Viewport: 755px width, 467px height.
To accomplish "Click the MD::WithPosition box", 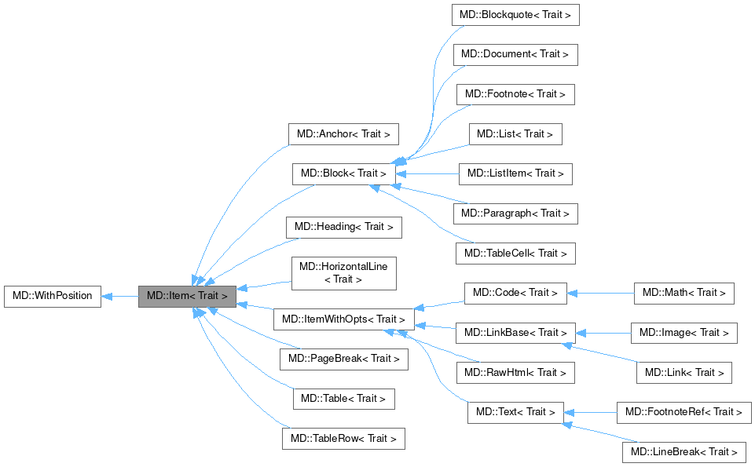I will (53, 297).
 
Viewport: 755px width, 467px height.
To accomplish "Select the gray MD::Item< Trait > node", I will (187, 297).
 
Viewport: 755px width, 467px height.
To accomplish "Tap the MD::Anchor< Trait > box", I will (344, 133).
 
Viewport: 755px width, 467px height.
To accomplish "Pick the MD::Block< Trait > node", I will (343, 173).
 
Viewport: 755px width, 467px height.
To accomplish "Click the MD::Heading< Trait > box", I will (344, 228).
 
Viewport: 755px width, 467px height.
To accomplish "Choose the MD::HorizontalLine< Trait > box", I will (344, 272).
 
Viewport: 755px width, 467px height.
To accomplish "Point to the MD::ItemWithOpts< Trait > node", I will (344, 319).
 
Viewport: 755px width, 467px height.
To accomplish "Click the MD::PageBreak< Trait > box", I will (344, 359).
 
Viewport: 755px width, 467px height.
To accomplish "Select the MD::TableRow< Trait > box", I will (343, 438).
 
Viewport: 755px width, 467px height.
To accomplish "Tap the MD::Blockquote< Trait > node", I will (515, 15).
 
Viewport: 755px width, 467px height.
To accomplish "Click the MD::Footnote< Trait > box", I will (515, 94).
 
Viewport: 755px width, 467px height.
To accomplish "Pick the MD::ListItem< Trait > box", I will (515, 173).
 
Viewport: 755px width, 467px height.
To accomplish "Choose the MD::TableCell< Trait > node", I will (515, 253).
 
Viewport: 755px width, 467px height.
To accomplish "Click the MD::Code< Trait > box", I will (515, 293).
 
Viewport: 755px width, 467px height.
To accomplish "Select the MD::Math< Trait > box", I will (684, 293).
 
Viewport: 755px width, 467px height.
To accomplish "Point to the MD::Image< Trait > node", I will (684, 333).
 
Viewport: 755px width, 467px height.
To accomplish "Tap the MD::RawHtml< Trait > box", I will (515, 372).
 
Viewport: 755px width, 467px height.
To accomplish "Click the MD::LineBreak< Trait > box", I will (684, 452).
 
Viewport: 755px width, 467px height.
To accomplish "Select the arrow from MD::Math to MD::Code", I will (600, 293).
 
